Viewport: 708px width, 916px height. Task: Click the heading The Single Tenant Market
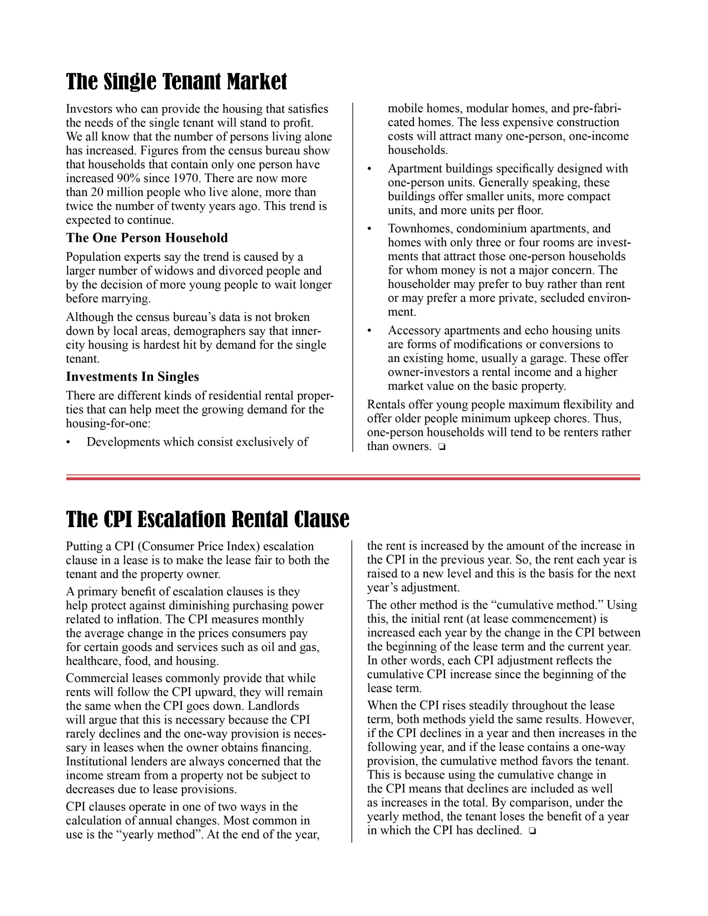(176, 82)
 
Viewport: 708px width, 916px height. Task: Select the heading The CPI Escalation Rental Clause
(207, 519)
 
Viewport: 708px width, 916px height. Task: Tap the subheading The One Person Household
(146, 238)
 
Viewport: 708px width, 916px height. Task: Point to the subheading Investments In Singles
(132, 377)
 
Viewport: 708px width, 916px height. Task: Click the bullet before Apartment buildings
(369, 169)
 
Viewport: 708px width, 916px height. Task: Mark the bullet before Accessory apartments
(369, 331)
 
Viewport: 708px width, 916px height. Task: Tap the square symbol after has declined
(532, 830)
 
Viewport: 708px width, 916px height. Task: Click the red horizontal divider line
(353, 477)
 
